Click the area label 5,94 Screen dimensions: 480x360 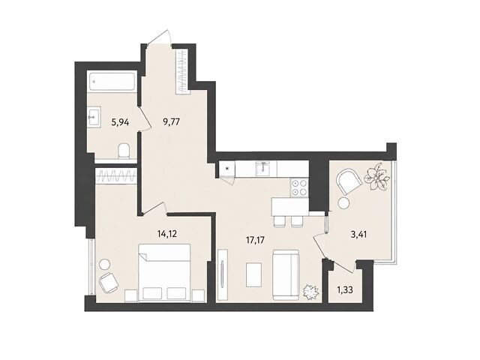120,123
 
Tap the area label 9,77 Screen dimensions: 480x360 171,122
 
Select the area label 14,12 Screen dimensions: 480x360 167,234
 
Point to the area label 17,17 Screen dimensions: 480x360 255,240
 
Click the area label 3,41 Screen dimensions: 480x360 358,235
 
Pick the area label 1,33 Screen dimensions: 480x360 345,289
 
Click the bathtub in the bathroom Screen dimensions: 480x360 112,81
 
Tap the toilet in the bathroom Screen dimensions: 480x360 124,151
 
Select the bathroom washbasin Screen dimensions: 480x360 94,117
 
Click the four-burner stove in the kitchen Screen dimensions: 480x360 299,187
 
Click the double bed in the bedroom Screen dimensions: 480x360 165,272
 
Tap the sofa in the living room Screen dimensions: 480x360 286,275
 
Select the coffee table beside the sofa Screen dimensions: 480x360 253,274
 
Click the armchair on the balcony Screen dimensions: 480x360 349,181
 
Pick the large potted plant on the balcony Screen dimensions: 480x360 376,177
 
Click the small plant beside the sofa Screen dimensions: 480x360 310,291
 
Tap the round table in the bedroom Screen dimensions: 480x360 105,265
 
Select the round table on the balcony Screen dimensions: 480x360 344,203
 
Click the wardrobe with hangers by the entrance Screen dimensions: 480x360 182,72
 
